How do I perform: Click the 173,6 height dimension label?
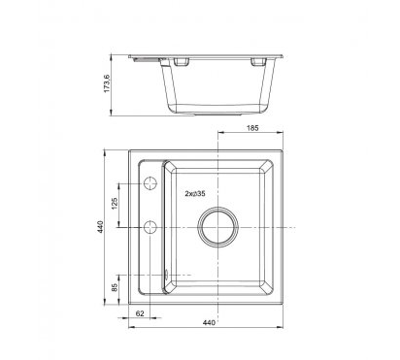(107, 83)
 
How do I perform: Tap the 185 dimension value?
(252, 128)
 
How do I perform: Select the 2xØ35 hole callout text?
(195, 194)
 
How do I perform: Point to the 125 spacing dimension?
(115, 204)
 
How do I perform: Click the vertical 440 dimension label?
(100, 227)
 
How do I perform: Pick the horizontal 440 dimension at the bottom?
(209, 323)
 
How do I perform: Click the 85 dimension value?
(115, 288)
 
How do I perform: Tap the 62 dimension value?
(140, 313)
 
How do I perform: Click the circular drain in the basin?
(218, 227)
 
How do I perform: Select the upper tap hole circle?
(150, 183)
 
